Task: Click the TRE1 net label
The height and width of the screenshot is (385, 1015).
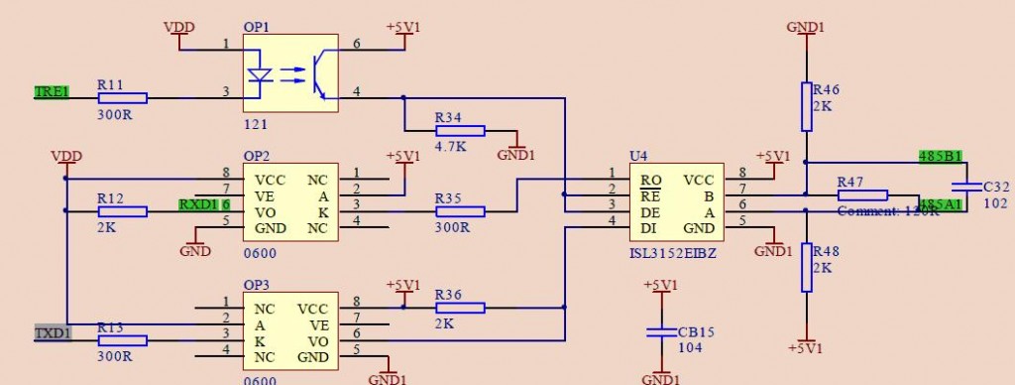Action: (x=52, y=92)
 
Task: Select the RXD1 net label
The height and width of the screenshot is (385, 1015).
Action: (x=198, y=204)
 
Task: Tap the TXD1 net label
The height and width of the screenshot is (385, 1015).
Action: (x=52, y=333)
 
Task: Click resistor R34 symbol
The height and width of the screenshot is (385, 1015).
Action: (x=460, y=130)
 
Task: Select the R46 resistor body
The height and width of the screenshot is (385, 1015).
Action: (x=806, y=106)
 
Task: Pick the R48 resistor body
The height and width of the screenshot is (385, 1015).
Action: (x=806, y=267)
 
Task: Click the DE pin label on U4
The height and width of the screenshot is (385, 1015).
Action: (x=650, y=212)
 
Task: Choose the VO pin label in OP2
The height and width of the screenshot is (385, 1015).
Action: (x=265, y=212)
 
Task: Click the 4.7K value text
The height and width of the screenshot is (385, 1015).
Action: (x=451, y=147)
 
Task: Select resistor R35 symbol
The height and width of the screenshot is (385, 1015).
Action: (x=460, y=210)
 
